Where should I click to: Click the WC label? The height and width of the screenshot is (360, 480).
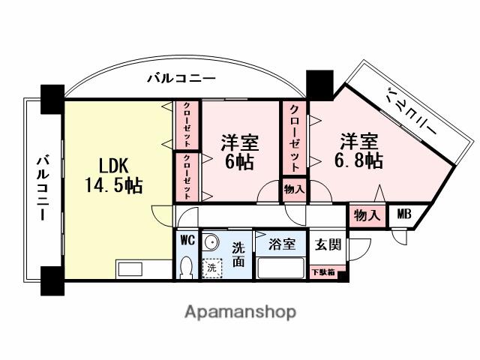tap(187, 241)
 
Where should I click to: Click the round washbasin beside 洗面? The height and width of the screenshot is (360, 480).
tap(212, 242)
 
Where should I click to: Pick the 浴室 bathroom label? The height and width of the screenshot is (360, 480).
tap(281, 244)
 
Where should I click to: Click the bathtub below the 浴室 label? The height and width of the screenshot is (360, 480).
tap(280, 268)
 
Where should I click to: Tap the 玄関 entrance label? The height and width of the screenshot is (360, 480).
tap(328, 244)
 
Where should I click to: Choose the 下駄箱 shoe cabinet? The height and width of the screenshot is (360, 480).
tap(324, 272)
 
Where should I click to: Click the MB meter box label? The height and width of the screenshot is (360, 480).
tap(403, 214)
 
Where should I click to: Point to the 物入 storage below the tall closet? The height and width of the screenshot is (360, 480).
tap(294, 190)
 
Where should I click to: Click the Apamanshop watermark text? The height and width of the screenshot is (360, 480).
tap(240, 310)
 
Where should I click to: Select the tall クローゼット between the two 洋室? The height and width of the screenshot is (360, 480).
tap(294, 139)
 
